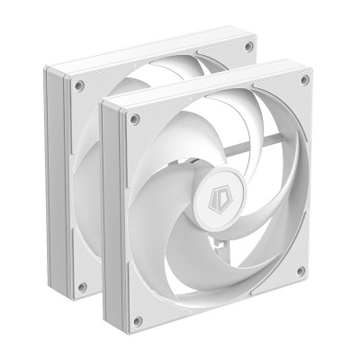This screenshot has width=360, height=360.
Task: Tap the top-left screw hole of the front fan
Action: click(x=135, y=118)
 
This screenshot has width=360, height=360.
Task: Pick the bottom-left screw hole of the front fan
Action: click(x=137, y=320)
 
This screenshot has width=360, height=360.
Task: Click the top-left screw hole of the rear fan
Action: click(x=79, y=85)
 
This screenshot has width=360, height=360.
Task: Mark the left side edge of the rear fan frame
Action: click(x=56, y=180)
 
